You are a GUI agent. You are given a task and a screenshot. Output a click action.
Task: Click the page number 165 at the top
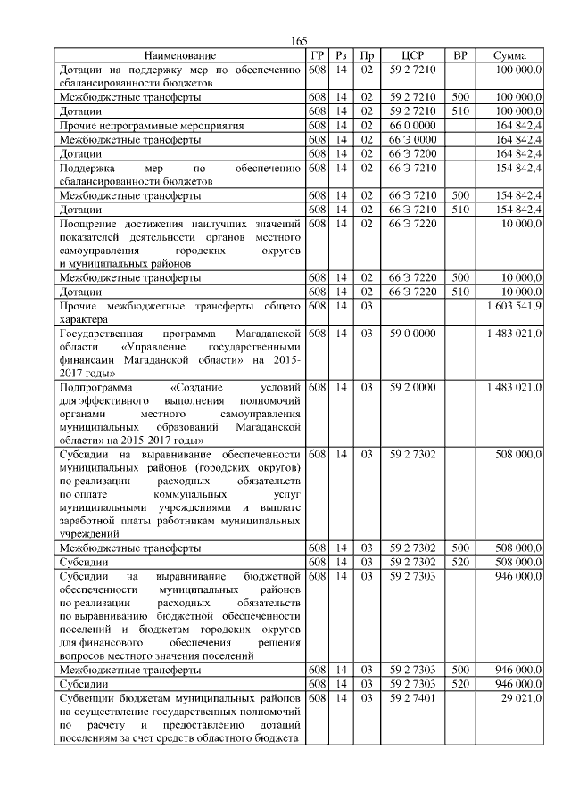[x=299, y=42]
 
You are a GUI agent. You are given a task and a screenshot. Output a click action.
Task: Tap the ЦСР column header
[x=412, y=55]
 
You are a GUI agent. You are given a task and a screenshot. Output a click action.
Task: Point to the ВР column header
[x=460, y=55]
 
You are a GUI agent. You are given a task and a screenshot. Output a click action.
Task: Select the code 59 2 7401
[x=412, y=699]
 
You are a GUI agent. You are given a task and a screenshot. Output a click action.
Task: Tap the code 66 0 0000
[x=412, y=126]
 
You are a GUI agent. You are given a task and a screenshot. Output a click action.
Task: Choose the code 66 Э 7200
[x=412, y=153]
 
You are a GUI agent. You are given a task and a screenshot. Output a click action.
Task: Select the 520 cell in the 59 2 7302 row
[x=460, y=562]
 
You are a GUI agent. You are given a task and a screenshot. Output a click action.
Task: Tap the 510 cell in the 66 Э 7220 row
[x=460, y=292]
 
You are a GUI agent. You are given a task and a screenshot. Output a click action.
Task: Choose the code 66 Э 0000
[x=412, y=140]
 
